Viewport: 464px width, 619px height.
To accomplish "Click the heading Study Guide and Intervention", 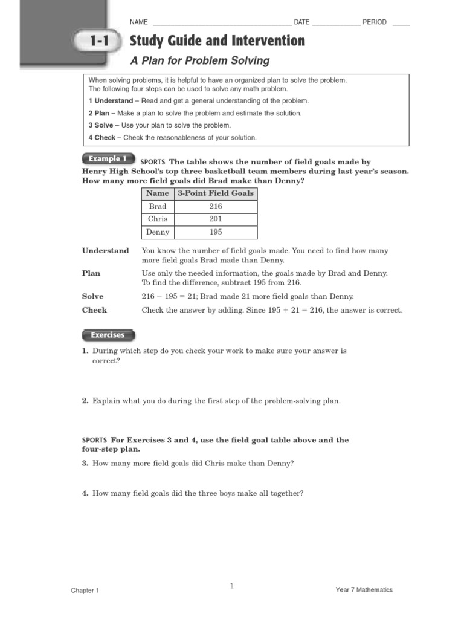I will pyautogui.click(x=217, y=41).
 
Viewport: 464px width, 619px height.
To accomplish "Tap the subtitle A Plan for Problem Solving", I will pyautogui.click(x=200, y=61).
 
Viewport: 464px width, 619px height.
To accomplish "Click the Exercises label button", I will pyautogui.click(x=108, y=335).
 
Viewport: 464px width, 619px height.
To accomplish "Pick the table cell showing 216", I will pyautogui.click(x=216, y=206).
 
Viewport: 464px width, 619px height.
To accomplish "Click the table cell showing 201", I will pyautogui.click(x=216, y=219).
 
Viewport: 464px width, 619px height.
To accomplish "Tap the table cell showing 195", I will pyautogui.click(x=216, y=232).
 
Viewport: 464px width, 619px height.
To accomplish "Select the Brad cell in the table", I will pyautogui.click(x=158, y=206).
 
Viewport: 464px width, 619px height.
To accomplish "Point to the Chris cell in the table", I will pyautogui.click(x=158, y=219).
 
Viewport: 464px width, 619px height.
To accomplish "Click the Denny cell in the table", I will pyautogui.click(x=158, y=232).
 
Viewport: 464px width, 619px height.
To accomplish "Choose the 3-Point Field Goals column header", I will pyautogui.click(x=216, y=193).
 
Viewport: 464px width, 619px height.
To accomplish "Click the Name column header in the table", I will pyautogui.click(x=158, y=193).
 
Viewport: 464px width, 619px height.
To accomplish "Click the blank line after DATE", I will pyautogui.click(x=336, y=24).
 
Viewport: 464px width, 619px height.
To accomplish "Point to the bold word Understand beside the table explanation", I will pyautogui.click(x=106, y=251).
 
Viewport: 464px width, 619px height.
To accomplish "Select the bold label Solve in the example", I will pyautogui.click(x=93, y=297).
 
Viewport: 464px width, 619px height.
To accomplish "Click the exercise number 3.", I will pyautogui.click(x=85, y=464).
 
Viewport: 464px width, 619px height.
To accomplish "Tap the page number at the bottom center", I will pyautogui.click(x=231, y=586).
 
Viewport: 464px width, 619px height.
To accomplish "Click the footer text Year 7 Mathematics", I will pyautogui.click(x=364, y=590).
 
